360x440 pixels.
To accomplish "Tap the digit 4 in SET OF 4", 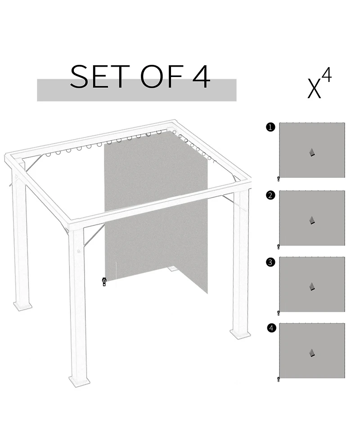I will pos(201,77).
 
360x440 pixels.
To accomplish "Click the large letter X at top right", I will pos(314,89).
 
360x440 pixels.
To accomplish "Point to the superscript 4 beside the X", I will pos(327,76).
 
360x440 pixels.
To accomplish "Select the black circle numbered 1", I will pos(270,127).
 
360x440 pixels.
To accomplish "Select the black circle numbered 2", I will pos(270,195).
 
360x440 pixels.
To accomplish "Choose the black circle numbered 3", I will pos(270,262).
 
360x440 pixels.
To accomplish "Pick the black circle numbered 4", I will pos(270,328).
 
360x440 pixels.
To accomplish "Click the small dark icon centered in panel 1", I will pos(312,153).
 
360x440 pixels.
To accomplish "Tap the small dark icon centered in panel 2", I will pos(312,220).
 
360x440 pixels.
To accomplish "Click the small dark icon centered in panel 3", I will pos(312,287).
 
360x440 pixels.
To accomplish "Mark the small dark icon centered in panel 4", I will pos(312,353).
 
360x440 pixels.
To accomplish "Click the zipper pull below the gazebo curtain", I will pos(104,282).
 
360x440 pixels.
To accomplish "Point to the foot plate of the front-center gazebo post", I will pos(80,381).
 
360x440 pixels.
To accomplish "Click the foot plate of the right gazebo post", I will pos(240,334).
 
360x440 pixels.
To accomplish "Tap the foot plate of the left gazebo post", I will pos(22,306).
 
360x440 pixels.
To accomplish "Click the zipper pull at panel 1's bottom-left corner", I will pos(279,179).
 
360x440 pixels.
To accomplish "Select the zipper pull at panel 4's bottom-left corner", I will pos(279,380).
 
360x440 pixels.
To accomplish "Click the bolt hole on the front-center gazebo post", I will pos(79,251).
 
